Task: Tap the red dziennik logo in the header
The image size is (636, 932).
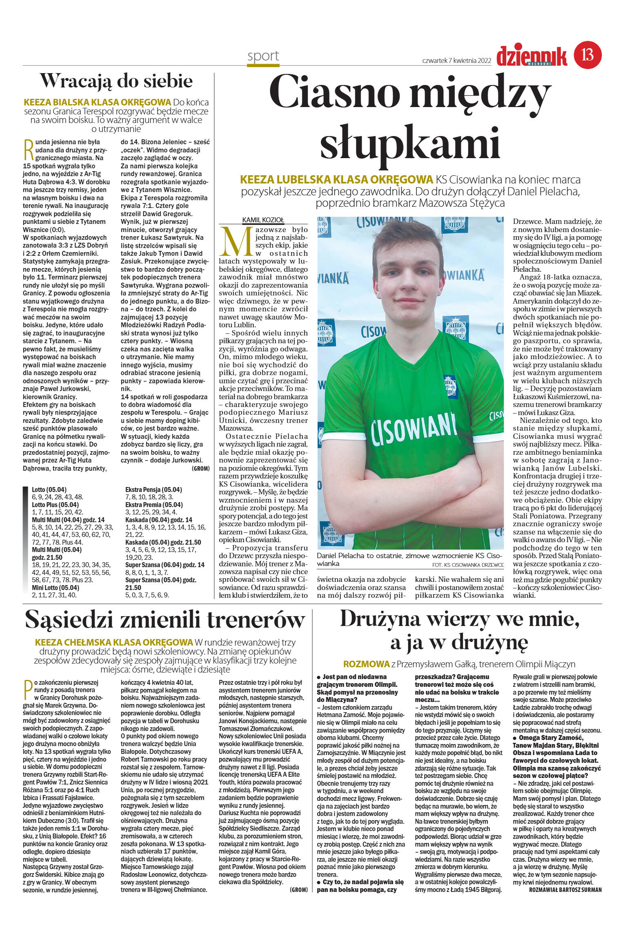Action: click(x=531, y=56)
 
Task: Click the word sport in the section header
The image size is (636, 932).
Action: click(x=263, y=56)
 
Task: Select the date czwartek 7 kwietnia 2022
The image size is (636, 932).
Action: click(x=456, y=61)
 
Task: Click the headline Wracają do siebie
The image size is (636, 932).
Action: click(x=116, y=81)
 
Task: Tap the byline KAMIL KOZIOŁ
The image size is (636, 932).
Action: click(x=263, y=220)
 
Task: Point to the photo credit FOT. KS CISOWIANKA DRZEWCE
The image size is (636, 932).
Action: click(x=468, y=565)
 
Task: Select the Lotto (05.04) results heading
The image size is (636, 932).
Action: click(x=49, y=489)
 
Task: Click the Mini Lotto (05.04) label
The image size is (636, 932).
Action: click(x=55, y=588)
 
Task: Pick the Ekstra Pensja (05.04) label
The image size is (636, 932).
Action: click(x=153, y=489)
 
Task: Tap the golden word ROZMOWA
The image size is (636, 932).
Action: click(x=366, y=664)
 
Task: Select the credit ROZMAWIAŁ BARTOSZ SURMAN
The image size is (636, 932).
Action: click(x=565, y=890)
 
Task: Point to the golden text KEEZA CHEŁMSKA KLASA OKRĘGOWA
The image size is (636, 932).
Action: click(x=114, y=642)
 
